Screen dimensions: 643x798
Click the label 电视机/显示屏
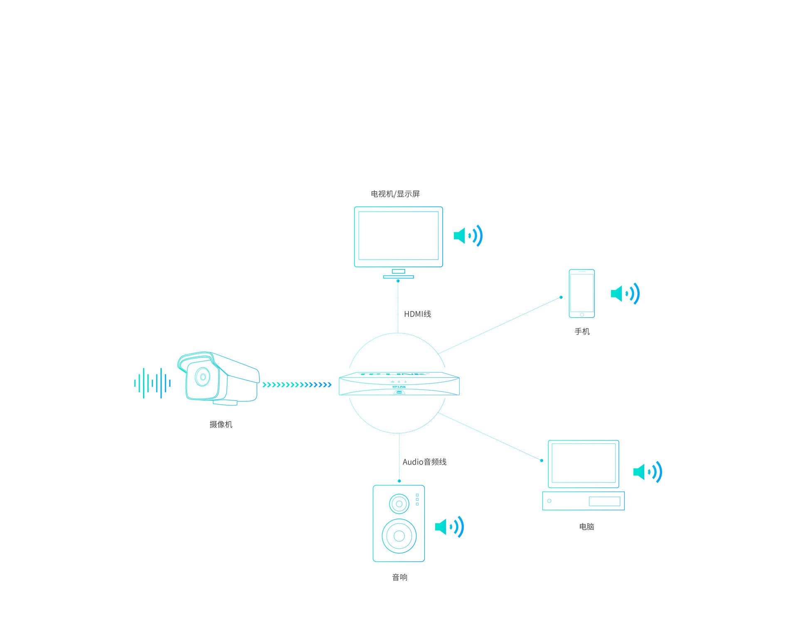tap(395, 194)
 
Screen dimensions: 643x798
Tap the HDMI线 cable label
tap(417, 314)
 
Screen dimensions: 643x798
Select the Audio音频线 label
tap(424, 462)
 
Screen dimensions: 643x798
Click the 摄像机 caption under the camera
tap(221, 424)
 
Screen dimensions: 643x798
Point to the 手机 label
tap(582, 331)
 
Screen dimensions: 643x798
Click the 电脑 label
tap(586, 527)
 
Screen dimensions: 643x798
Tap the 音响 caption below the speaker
tap(399, 577)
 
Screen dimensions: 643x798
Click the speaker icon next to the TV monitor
tap(468, 236)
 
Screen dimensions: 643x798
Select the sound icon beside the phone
tap(625, 294)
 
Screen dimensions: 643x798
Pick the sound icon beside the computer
tap(648, 472)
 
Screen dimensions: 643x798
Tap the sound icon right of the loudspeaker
tap(449, 527)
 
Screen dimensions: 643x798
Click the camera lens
tap(203, 377)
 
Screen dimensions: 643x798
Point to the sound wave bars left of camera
tap(152, 383)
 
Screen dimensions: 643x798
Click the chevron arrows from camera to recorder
tap(297, 385)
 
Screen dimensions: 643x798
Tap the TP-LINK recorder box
tap(399, 384)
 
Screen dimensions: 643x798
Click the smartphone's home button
tap(582, 315)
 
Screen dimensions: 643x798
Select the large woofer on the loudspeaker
tap(399, 536)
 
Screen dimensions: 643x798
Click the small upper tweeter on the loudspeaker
tap(399, 504)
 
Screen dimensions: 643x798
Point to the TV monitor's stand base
tap(398, 277)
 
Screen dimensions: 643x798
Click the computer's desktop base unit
tap(583, 501)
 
